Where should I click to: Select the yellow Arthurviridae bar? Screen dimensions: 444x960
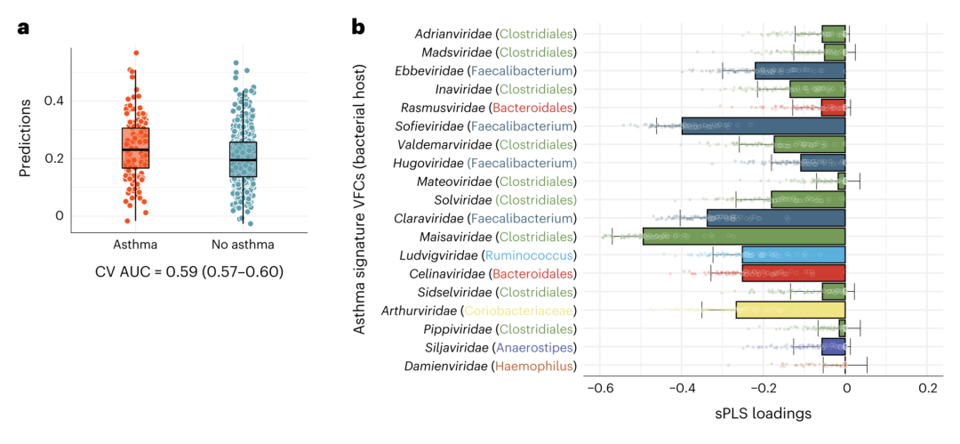[x=790, y=311]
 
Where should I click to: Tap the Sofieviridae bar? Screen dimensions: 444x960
[x=763, y=126]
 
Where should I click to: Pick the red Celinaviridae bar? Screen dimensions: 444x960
[x=794, y=273]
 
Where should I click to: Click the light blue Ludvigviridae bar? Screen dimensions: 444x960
[x=794, y=255]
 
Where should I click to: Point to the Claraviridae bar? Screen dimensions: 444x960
[x=776, y=218]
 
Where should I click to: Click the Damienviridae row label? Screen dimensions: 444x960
[x=444, y=366]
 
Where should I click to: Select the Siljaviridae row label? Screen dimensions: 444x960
[x=451, y=348]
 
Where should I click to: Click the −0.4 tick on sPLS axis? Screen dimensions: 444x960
[x=680, y=389]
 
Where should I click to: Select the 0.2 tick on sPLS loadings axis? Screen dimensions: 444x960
[x=927, y=389]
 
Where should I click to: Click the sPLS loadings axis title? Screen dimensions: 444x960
[x=763, y=414]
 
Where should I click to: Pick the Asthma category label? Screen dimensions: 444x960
[x=135, y=244]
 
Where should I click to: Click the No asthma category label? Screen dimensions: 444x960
[x=243, y=244]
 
